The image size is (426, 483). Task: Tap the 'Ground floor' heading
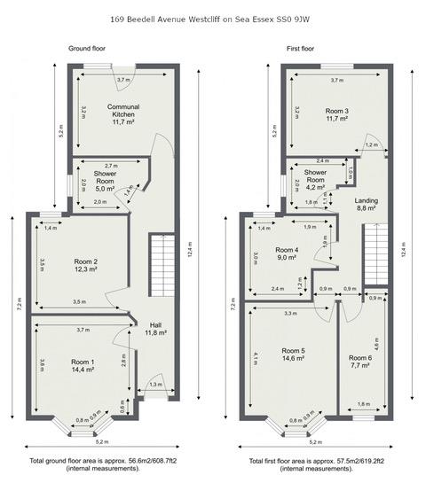(88, 48)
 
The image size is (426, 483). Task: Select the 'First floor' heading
(300, 48)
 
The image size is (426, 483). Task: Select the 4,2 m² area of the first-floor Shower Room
(315, 187)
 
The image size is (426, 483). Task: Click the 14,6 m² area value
(293, 359)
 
